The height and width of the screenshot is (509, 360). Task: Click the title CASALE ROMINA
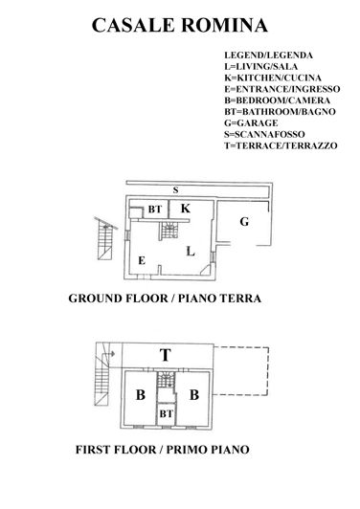click(x=180, y=25)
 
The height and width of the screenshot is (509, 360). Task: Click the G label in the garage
click(x=244, y=222)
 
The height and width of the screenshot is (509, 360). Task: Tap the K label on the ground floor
click(x=186, y=208)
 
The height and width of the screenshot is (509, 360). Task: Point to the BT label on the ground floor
click(x=153, y=209)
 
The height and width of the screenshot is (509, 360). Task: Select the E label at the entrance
click(x=141, y=260)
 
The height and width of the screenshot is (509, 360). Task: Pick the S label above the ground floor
click(x=175, y=189)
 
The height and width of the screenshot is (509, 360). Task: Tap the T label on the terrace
click(x=166, y=355)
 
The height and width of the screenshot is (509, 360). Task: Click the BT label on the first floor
click(x=166, y=412)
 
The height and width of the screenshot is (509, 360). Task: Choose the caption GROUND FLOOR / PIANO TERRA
click(x=165, y=299)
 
